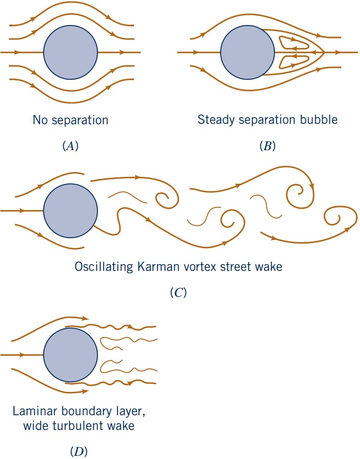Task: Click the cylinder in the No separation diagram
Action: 70,52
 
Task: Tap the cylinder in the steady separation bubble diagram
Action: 247,52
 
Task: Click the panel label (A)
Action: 70,146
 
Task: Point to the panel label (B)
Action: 268,146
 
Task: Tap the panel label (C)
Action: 179,293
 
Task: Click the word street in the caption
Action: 237,268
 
